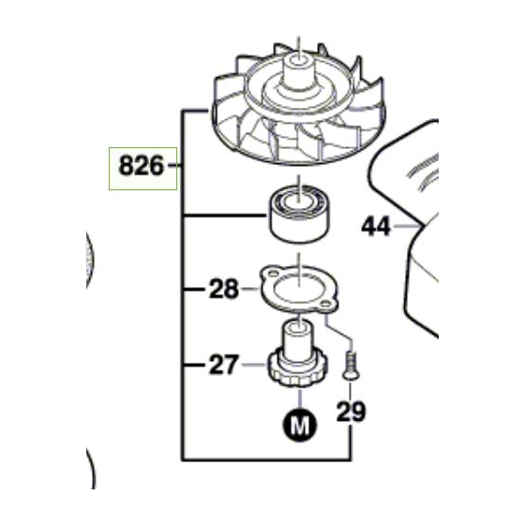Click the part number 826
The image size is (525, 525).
click(x=140, y=168)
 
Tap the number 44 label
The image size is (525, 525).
click(x=378, y=226)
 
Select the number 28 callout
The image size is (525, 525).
click(x=225, y=290)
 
